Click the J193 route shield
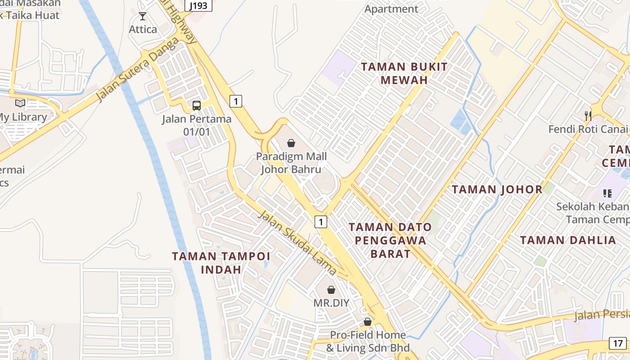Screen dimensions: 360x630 click(198, 6)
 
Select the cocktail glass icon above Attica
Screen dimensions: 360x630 click(143, 17)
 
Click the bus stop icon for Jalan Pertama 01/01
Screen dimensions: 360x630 click(197, 106)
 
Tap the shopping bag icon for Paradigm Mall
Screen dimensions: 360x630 click(291, 143)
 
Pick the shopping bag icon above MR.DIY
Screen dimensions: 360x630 click(331, 290)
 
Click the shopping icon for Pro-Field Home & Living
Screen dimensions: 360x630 click(368, 322)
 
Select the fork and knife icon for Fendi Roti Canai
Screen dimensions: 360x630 click(588, 116)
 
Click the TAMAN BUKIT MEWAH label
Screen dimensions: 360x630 click(405, 73)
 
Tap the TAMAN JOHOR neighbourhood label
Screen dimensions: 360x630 click(497, 189)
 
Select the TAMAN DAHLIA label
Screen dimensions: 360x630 click(568, 240)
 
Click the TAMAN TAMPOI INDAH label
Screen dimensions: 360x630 click(221, 263)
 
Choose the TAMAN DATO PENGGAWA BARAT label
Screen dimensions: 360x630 click(391, 240)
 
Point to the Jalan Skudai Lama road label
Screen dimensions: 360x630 click(297, 243)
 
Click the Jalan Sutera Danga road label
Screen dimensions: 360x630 click(137, 69)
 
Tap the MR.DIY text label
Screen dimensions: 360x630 click(331, 303)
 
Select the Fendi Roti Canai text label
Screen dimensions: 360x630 click(588, 130)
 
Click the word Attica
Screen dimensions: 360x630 click(143, 30)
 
